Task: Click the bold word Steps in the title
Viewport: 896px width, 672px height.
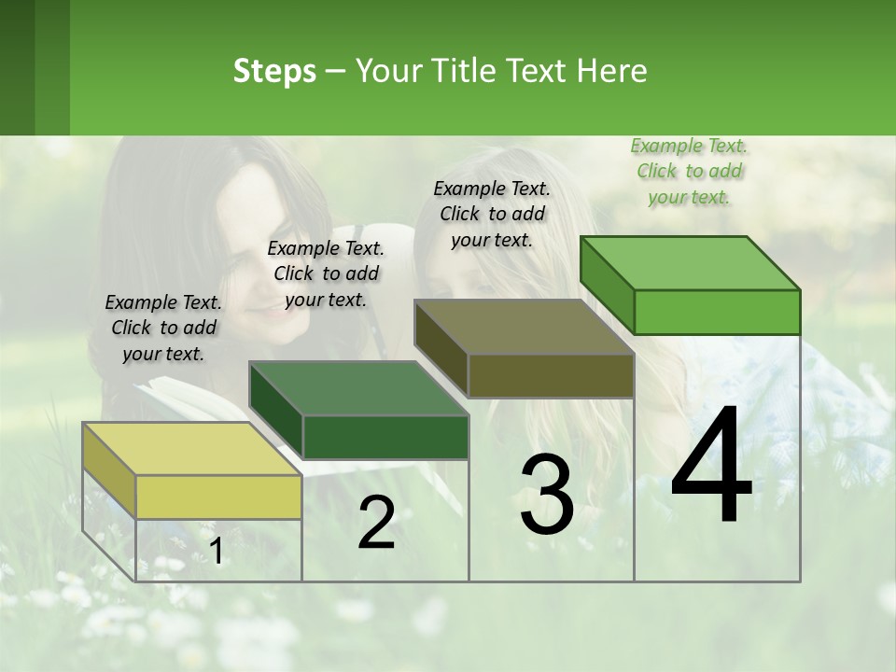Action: click(x=274, y=71)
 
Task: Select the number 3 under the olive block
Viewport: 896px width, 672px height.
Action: click(x=547, y=495)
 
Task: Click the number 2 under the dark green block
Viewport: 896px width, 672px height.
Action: click(x=376, y=524)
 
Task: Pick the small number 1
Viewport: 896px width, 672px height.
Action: click(x=216, y=553)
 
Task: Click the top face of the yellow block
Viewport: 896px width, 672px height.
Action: click(x=191, y=449)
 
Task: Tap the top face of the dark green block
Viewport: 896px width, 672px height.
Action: click(x=358, y=388)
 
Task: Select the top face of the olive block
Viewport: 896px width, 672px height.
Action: click(x=524, y=327)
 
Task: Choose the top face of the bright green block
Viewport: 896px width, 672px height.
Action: click(x=690, y=263)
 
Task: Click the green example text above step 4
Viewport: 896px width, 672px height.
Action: click(x=689, y=171)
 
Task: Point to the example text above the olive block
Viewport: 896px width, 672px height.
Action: click(x=492, y=214)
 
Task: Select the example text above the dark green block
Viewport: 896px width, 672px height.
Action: click(x=326, y=273)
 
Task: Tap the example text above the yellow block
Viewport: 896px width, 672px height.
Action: click(x=163, y=328)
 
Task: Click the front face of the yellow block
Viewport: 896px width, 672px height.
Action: click(x=218, y=497)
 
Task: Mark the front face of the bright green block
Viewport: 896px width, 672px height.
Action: click(x=717, y=312)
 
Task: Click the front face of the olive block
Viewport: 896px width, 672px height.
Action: click(x=551, y=376)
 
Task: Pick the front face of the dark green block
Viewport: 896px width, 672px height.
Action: click(x=385, y=437)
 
